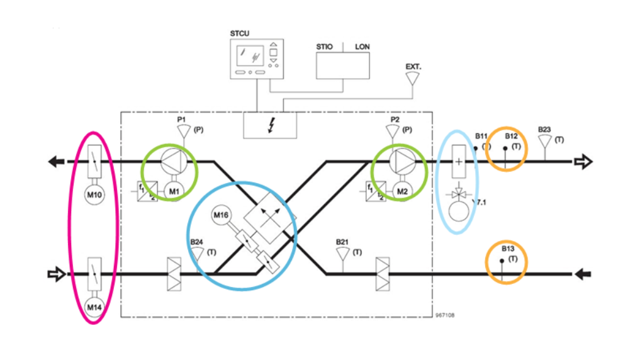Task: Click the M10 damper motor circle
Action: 93,194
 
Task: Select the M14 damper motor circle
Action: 94,307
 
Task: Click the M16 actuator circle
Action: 220,216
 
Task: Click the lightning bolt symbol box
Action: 271,125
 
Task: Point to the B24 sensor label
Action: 196,241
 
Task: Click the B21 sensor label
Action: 342,241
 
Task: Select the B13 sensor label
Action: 508,249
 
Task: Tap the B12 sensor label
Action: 511,135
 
